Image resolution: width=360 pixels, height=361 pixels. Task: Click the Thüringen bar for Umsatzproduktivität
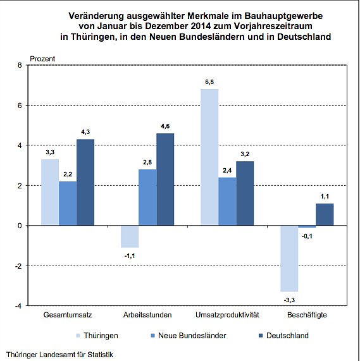point(209,157)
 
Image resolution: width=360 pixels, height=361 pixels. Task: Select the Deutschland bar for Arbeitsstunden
point(165,180)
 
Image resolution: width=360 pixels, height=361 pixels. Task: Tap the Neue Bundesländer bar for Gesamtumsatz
point(68,203)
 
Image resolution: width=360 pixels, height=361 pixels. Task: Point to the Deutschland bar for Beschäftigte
point(324,214)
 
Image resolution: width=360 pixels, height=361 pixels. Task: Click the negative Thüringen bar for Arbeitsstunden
point(130,236)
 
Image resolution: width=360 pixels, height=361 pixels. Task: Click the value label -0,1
point(308,236)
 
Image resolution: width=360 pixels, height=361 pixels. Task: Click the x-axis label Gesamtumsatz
point(66,315)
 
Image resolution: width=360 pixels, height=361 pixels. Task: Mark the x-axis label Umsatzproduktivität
point(227,315)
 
